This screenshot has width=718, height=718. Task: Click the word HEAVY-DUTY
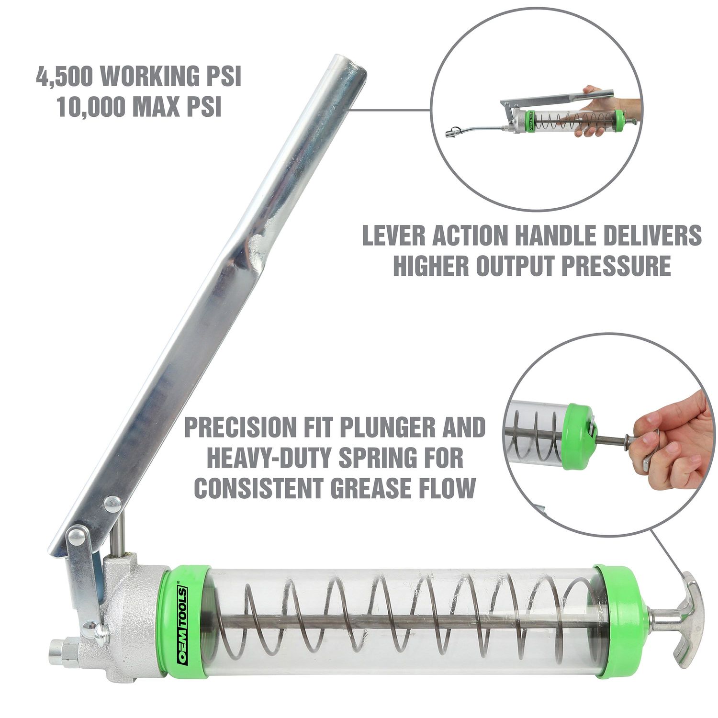(268, 458)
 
